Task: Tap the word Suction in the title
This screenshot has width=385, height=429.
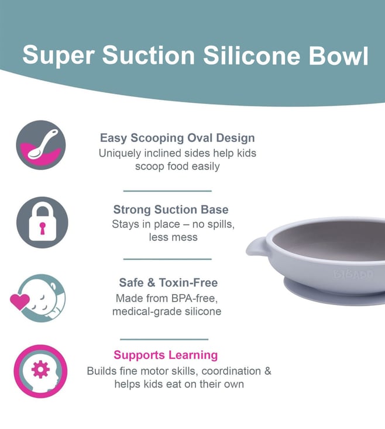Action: pyautogui.click(x=149, y=56)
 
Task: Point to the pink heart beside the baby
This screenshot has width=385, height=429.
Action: pyautogui.click(x=20, y=302)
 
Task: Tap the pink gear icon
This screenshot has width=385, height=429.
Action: pyautogui.click(x=40, y=369)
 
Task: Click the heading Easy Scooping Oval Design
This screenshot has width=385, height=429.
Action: pyautogui.click(x=177, y=137)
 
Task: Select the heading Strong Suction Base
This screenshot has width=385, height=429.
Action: pyautogui.click(x=171, y=210)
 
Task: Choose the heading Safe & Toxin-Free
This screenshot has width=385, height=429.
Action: pyautogui.click(x=169, y=282)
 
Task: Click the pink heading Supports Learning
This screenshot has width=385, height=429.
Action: pyautogui.click(x=166, y=355)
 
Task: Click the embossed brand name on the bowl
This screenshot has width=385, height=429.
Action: pyautogui.click(x=353, y=274)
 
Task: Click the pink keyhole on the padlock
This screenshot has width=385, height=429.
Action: pyautogui.click(x=42, y=228)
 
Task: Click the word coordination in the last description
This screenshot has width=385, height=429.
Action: pyautogui.click(x=231, y=371)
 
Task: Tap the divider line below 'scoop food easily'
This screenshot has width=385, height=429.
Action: pyautogui.click(x=167, y=191)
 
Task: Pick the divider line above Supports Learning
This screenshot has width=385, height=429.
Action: pyautogui.click(x=164, y=339)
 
